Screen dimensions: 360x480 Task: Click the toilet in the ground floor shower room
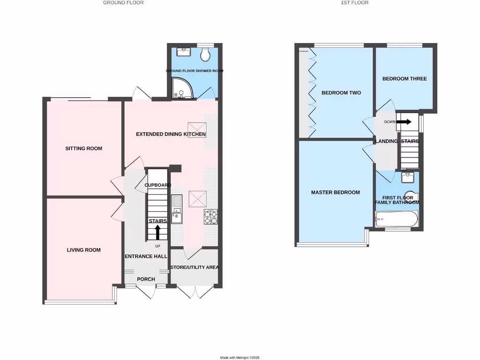(x=204, y=55)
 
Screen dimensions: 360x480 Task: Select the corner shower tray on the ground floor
(x=180, y=89)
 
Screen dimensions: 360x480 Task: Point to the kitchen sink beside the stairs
(x=177, y=210)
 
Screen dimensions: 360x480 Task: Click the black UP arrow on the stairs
(x=157, y=232)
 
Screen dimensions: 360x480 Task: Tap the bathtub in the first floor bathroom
(x=396, y=219)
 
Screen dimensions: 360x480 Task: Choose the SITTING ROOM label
(x=83, y=149)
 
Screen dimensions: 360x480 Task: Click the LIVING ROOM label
(x=83, y=250)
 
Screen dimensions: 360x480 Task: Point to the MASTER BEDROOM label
(x=336, y=193)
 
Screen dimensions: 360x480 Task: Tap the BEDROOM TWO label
(x=341, y=93)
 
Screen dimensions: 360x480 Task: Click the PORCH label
(x=146, y=279)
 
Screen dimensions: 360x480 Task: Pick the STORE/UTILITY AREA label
(x=195, y=268)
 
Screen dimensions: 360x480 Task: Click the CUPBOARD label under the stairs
(x=157, y=185)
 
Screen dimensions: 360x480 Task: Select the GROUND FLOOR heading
(x=123, y=3)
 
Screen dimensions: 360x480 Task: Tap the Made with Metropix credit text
(x=240, y=358)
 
